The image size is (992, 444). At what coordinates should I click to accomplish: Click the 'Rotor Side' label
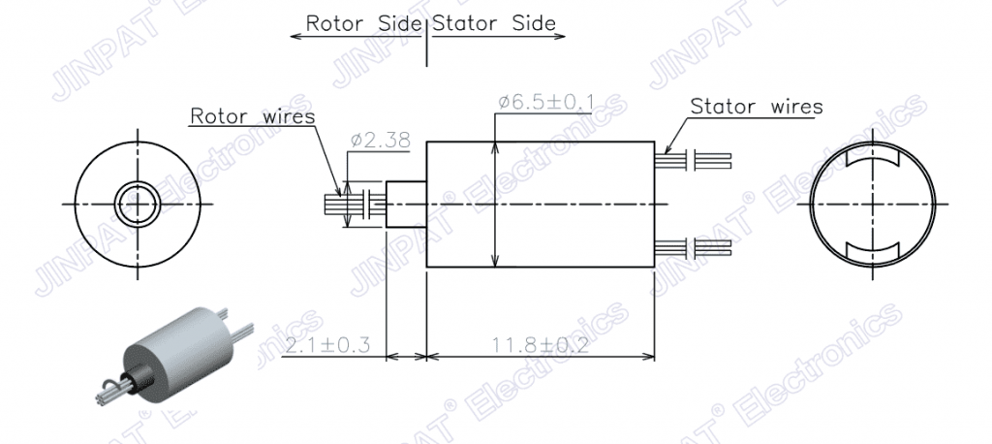point(363,23)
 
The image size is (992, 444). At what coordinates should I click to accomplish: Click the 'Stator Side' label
point(494,23)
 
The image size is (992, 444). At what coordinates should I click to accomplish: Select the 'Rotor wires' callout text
point(253,116)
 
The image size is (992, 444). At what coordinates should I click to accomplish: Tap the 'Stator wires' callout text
point(757,107)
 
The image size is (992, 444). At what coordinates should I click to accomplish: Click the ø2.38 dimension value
point(380,140)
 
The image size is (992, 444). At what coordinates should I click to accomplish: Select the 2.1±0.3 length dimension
point(327,346)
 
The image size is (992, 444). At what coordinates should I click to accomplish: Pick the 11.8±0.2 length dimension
point(541,346)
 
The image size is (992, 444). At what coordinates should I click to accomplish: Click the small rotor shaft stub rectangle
point(406,204)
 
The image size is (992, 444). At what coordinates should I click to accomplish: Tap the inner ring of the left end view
point(138,185)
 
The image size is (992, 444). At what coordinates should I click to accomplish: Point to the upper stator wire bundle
point(694,160)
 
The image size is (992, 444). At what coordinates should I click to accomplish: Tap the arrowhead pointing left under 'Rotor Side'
point(296,36)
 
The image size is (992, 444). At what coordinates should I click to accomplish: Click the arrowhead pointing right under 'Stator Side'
point(559,36)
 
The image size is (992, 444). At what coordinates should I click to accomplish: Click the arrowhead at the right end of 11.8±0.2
point(648,357)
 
